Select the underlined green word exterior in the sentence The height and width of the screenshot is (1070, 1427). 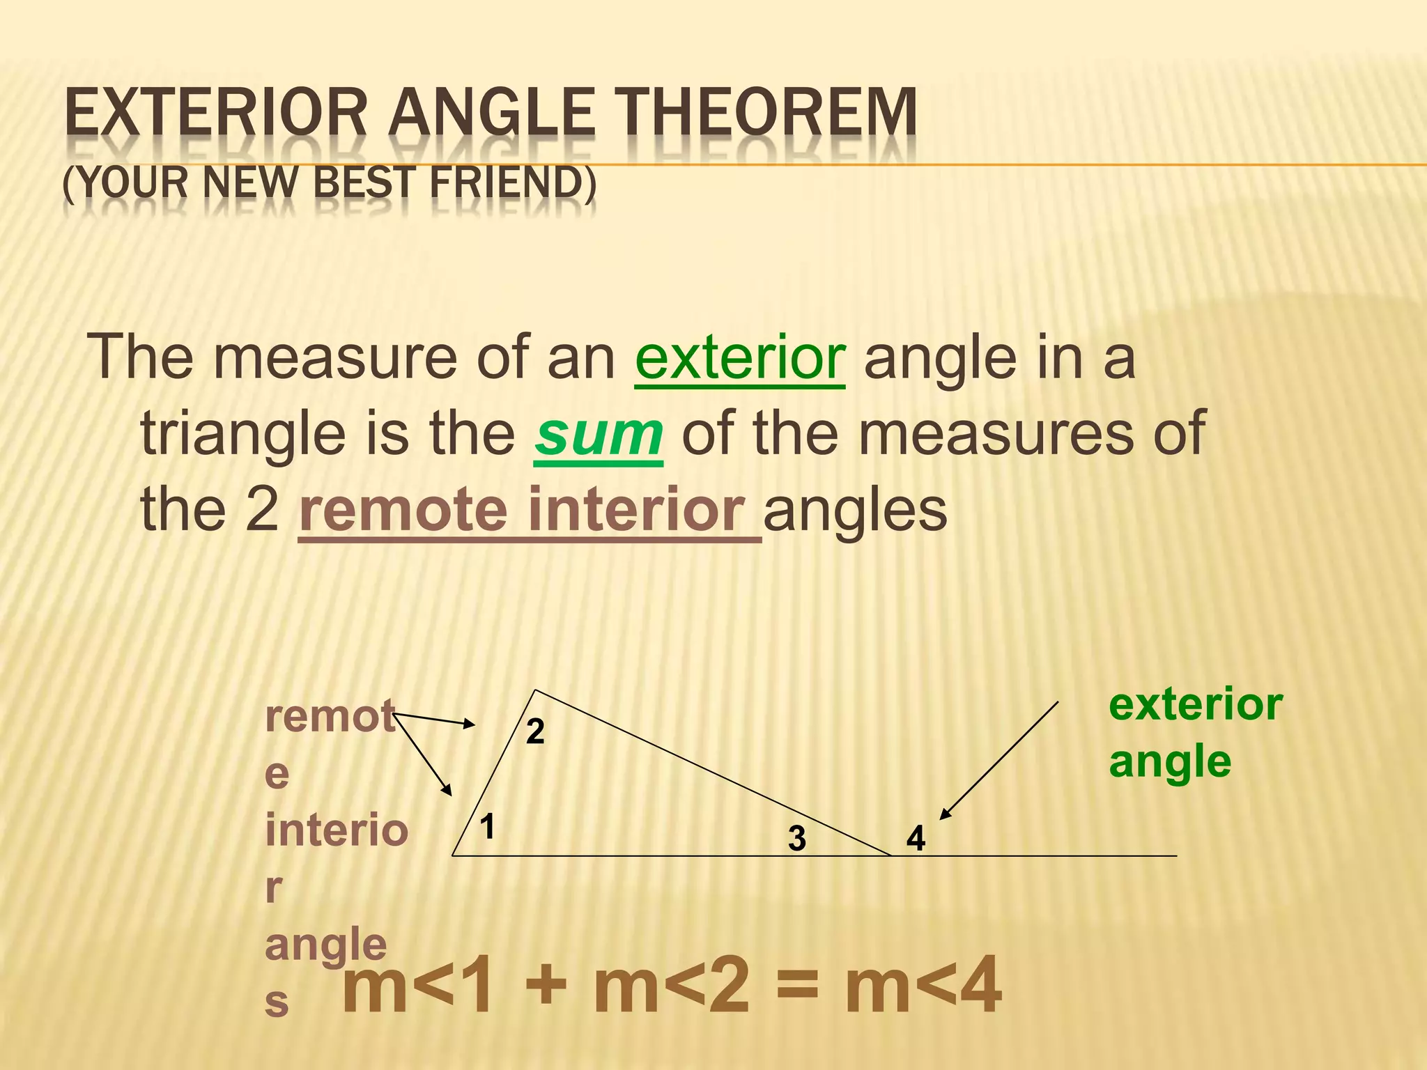740,357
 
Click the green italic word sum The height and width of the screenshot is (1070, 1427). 599,433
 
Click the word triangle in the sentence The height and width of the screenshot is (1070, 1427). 243,433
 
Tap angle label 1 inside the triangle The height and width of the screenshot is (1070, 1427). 487,827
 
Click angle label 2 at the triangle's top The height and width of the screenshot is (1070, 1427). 535,731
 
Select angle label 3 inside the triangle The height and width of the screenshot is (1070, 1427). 797,838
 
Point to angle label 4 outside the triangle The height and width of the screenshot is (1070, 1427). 916,838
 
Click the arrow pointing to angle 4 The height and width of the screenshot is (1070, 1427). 999,760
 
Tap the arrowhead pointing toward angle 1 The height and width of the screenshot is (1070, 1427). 447,789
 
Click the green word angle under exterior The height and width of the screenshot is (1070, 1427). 1170,761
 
